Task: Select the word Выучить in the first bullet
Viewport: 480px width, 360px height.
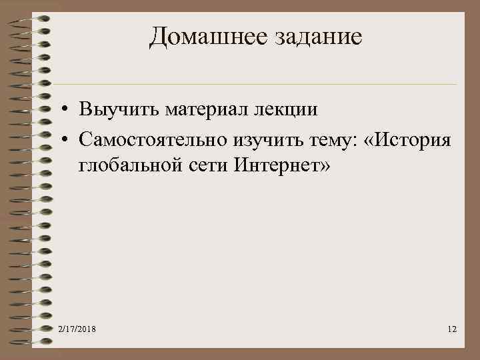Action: (x=115, y=109)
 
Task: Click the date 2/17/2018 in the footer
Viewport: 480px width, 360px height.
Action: (x=77, y=330)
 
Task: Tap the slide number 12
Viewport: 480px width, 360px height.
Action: (x=451, y=330)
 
